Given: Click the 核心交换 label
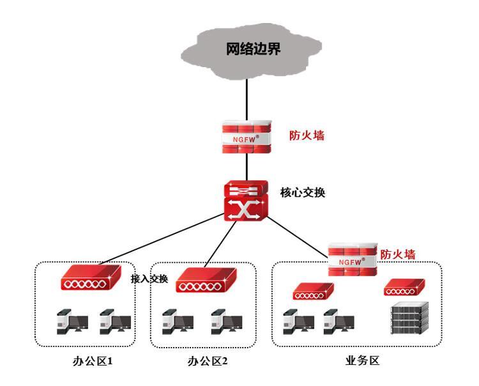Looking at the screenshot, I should click(x=302, y=191).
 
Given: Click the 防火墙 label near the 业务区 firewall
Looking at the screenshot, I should click(x=397, y=254).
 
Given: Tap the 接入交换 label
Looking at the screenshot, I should click(x=149, y=279).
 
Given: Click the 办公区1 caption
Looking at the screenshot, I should click(x=92, y=361).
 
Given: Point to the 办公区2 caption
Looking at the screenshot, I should click(x=207, y=361).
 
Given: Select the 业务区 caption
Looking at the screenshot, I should click(x=361, y=360).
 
